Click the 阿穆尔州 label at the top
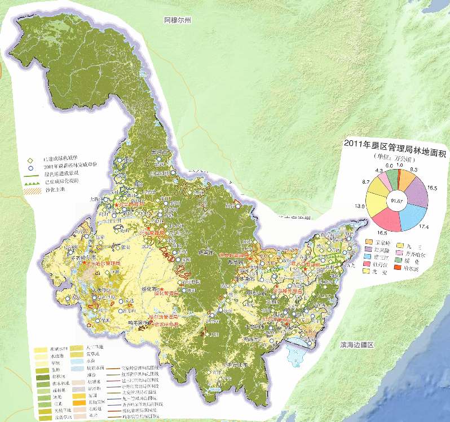[x=178, y=20]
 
